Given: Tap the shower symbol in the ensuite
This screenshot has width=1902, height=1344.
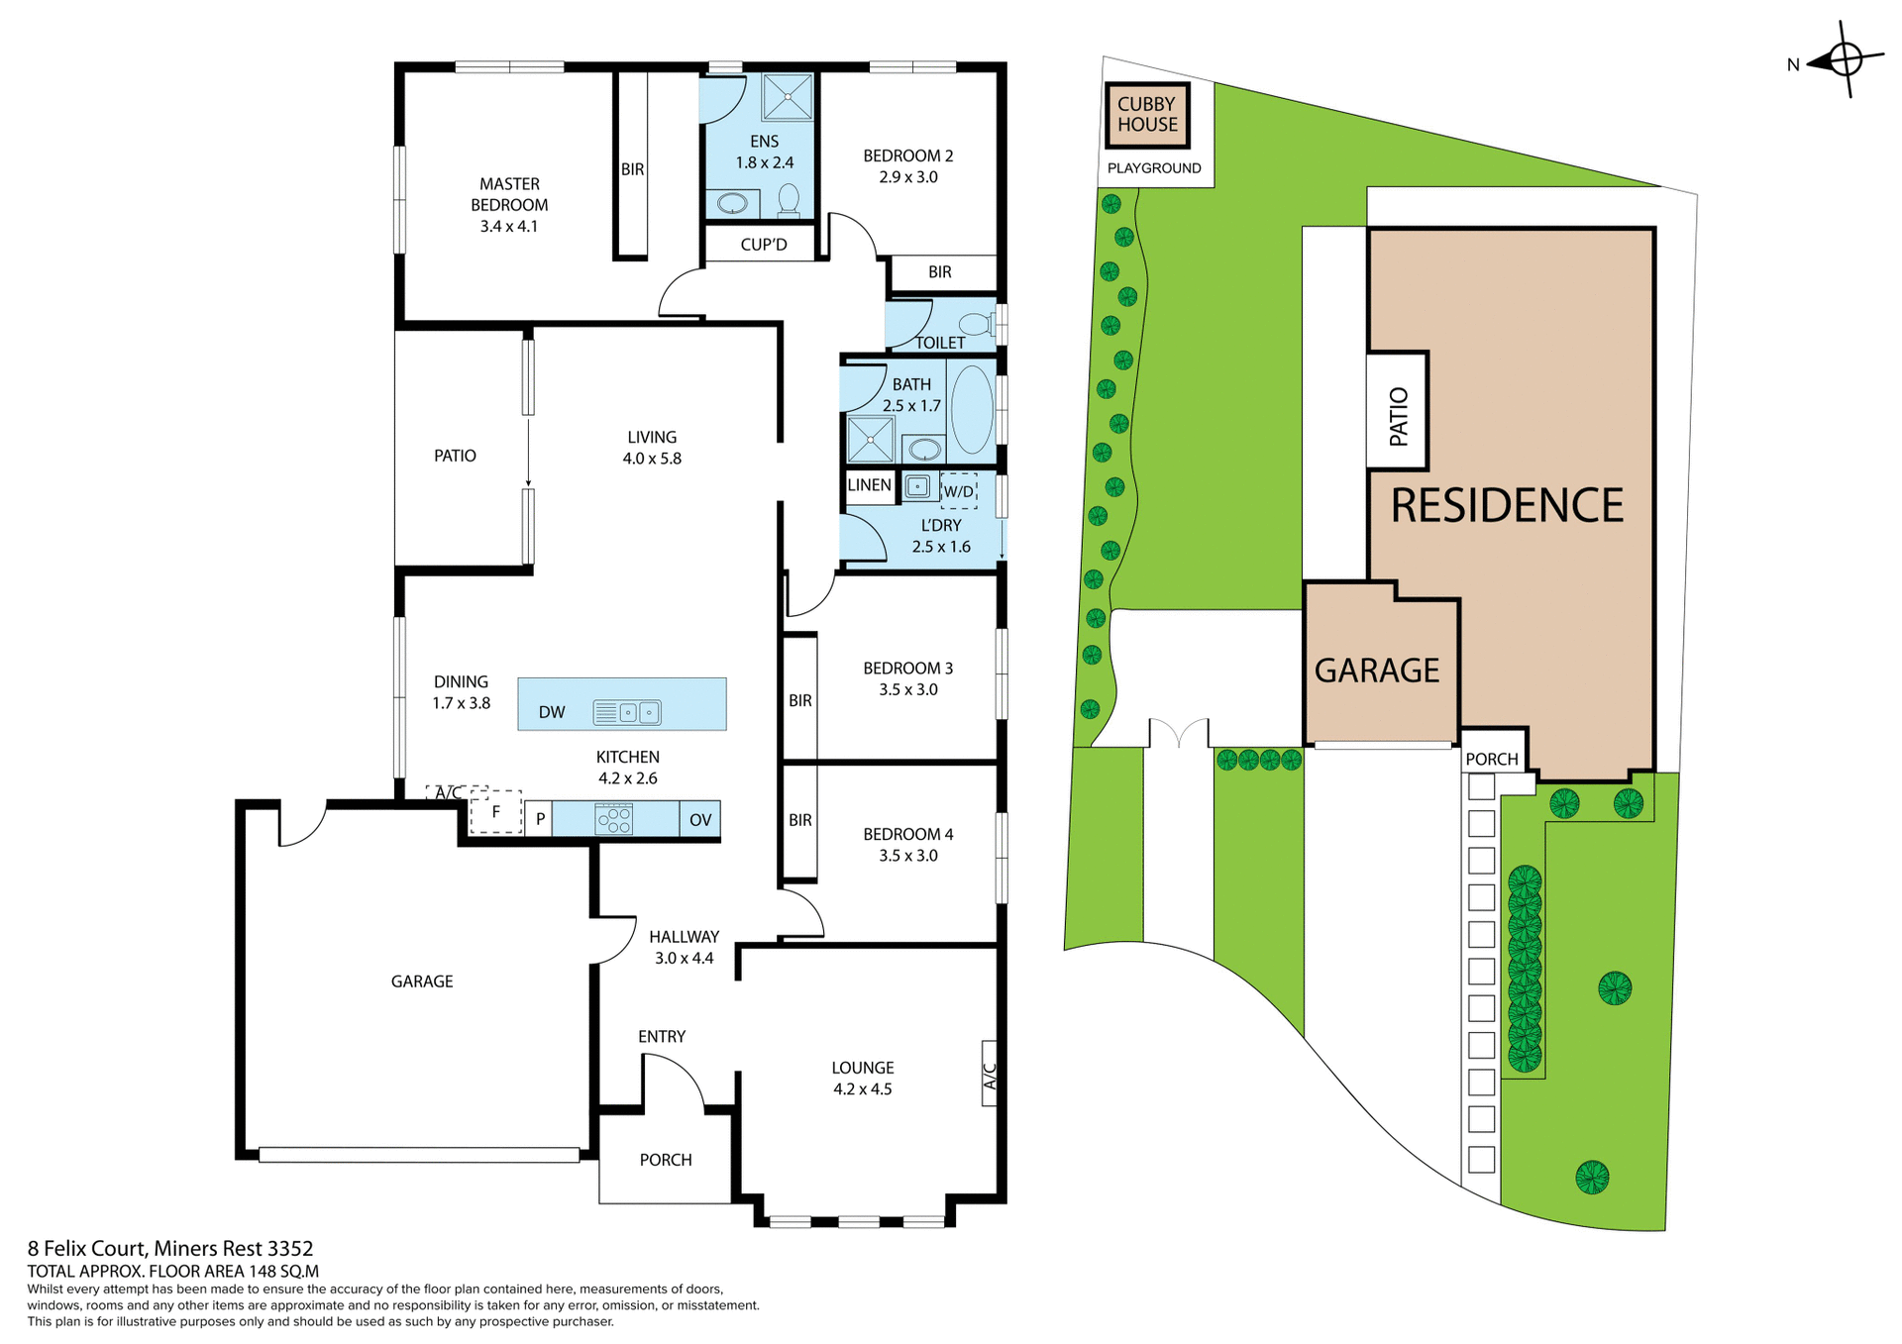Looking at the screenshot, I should click(788, 97).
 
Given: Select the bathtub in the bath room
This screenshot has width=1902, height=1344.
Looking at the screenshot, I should click(972, 409).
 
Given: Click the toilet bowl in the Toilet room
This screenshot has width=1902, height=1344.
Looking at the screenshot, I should click(976, 324).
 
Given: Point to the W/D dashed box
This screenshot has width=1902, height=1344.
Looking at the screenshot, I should click(958, 491).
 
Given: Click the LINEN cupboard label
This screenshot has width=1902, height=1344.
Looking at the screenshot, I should click(869, 485).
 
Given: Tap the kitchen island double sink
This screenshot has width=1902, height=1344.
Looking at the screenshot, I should click(627, 712).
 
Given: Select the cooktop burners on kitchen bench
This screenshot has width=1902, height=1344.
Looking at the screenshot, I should click(614, 820).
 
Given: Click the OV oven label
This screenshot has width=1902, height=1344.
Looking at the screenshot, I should click(700, 820).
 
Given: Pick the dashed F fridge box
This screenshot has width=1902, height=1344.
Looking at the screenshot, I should click(495, 812).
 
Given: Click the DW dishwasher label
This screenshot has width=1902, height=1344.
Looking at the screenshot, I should click(552, 712).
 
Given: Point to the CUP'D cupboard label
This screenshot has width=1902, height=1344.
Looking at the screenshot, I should click(764, 245).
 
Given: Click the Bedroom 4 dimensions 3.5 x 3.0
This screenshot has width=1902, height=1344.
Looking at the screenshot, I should click(907, 856).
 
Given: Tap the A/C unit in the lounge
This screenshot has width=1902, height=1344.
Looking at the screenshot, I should click(989, 1073).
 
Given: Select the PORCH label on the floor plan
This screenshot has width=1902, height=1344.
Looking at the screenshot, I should click(666, 1160).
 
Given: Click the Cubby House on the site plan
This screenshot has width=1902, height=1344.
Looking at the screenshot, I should click(1147, 115).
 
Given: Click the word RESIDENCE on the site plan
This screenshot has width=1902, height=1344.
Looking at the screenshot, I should click(1507, 506).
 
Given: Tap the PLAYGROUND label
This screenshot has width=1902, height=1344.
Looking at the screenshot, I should click(1154, 168).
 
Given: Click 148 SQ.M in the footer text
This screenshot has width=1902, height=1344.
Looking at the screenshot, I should click(283, 1272).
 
